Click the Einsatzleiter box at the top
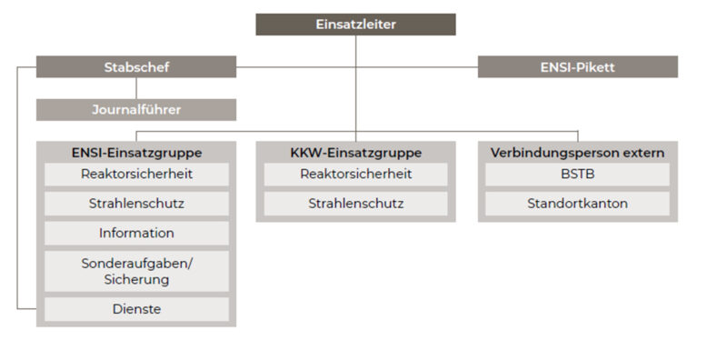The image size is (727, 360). pyautogui.click(x=355, y=25)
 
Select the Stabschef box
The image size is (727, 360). pyautogui.click(x=136, y=66)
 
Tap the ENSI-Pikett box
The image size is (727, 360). pyautogui.click(x=577, y=66)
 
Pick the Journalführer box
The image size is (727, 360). pyautogui.click(x=136, y=110)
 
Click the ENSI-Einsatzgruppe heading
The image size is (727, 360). pyautogui.click(x=136, y=152)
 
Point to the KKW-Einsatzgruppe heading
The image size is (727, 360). pyautogui.click(x=355, y=152)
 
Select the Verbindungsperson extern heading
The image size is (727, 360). pyautogui.click(x=577, y=152)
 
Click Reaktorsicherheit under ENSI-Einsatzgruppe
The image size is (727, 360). pyautogui.click(x=136, y=174)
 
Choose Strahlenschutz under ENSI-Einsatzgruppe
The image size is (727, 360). pyautogui.click(x=136, y=204)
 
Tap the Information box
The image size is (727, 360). pyautogui.click(x=136, y=234)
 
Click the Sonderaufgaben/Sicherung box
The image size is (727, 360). pyautogui.click(x=136, y=271)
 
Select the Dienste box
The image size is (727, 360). pyautogui.click(x=136, y=309)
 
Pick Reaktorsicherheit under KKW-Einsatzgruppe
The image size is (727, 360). pyautogui.click(x=355, y=174)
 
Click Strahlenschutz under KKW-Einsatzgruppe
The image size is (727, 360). pyautogui.click(x=355, y=204)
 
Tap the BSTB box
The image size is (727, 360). pyautogui.click(x=577, y=174)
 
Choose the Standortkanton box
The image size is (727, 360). pyautogui.click(x=577, y=204)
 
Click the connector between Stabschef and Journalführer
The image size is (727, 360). pyautogui.click(x=136, y=88)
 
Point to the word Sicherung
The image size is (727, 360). pyautogui.click(x=136, y=279)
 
